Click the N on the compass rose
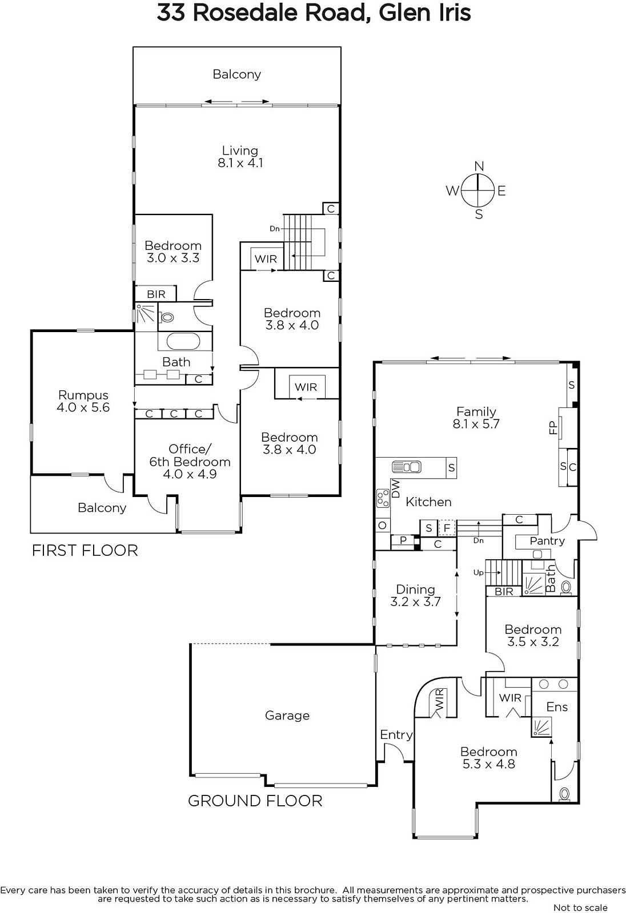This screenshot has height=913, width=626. click(x=479, y=166)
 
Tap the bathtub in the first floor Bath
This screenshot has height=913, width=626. click(x=183, y=342)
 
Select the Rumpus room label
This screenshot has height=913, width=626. click(x=83, y=394)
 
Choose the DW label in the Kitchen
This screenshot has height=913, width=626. click(x=395, y=488)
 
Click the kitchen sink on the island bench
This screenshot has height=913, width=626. click(x=407, y=467)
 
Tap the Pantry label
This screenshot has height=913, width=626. click(x=547, y=541)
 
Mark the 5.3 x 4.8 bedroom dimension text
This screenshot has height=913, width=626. click(x=488, y=764)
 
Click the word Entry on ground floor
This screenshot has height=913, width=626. click(x=396, y=735)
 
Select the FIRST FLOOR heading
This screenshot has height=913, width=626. click(x=85, y=550)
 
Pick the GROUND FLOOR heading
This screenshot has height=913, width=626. click(x=255, y=801)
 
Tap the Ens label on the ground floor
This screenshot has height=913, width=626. click(x=557, y=706)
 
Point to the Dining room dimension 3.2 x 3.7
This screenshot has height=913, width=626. click(x=415, y=601)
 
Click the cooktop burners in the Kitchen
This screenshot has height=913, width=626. click(x=383, y=498)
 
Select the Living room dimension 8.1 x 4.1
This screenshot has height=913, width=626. click(x=240, y=163)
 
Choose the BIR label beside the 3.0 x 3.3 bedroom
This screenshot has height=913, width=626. click(x=156, y=294)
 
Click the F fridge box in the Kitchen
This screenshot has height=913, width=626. click(x=447, y=528)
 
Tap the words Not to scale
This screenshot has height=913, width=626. click(x=581, y=907)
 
